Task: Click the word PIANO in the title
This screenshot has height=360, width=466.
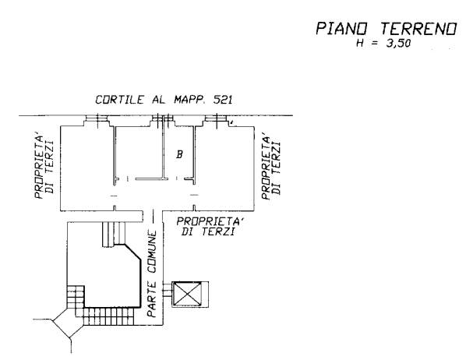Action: point(341,29)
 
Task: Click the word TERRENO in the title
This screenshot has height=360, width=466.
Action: point(418,29)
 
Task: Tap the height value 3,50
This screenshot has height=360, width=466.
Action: point(398,44)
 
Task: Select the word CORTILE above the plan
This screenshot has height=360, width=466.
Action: point(119,100)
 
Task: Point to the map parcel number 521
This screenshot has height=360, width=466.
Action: point(223,100)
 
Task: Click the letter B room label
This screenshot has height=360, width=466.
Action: point(179,154)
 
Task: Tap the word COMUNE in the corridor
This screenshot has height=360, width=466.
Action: point(152,252)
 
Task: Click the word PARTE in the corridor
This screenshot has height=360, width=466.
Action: point(152,300)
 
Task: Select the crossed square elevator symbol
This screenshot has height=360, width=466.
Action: point(188,295)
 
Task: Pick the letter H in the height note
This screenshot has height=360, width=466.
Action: point(360,44)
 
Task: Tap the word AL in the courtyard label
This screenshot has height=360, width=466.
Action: point(158,100)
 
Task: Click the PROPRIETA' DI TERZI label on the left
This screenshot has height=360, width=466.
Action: point(44,167)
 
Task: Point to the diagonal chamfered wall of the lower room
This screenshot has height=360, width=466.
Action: point(132,252)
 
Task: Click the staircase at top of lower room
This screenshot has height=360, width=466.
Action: point(114,235)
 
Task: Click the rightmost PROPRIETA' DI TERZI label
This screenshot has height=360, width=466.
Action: point(271,167)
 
